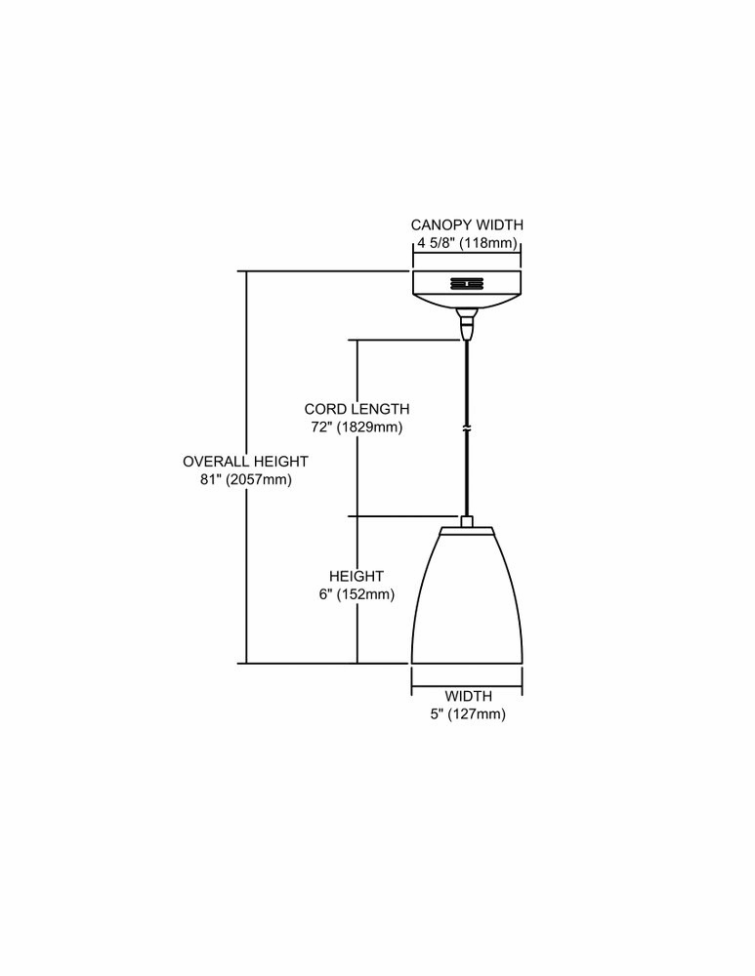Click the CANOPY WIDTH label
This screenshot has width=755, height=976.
467,224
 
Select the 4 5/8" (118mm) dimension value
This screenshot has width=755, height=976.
468,243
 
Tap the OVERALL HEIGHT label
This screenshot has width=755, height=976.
245,462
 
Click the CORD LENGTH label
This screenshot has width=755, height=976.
357,409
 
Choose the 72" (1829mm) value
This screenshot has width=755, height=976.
357,427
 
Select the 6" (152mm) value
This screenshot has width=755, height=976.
357,594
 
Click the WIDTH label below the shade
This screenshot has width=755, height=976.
468,696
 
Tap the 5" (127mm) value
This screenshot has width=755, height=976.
468,714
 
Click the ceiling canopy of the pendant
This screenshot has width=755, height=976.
467,290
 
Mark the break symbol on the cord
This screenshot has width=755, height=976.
466,428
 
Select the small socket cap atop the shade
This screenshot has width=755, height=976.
467,521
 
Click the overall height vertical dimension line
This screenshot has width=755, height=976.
247,467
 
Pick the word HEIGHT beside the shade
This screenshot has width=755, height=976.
357,577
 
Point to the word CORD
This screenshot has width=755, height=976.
324,409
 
